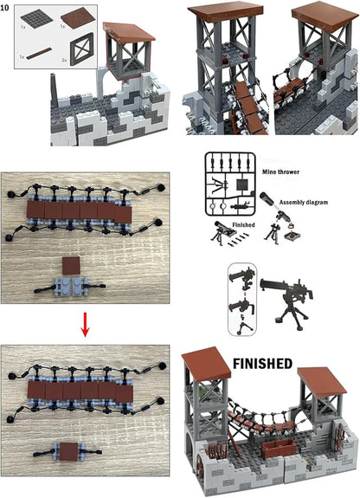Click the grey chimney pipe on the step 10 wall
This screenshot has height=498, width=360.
53,87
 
